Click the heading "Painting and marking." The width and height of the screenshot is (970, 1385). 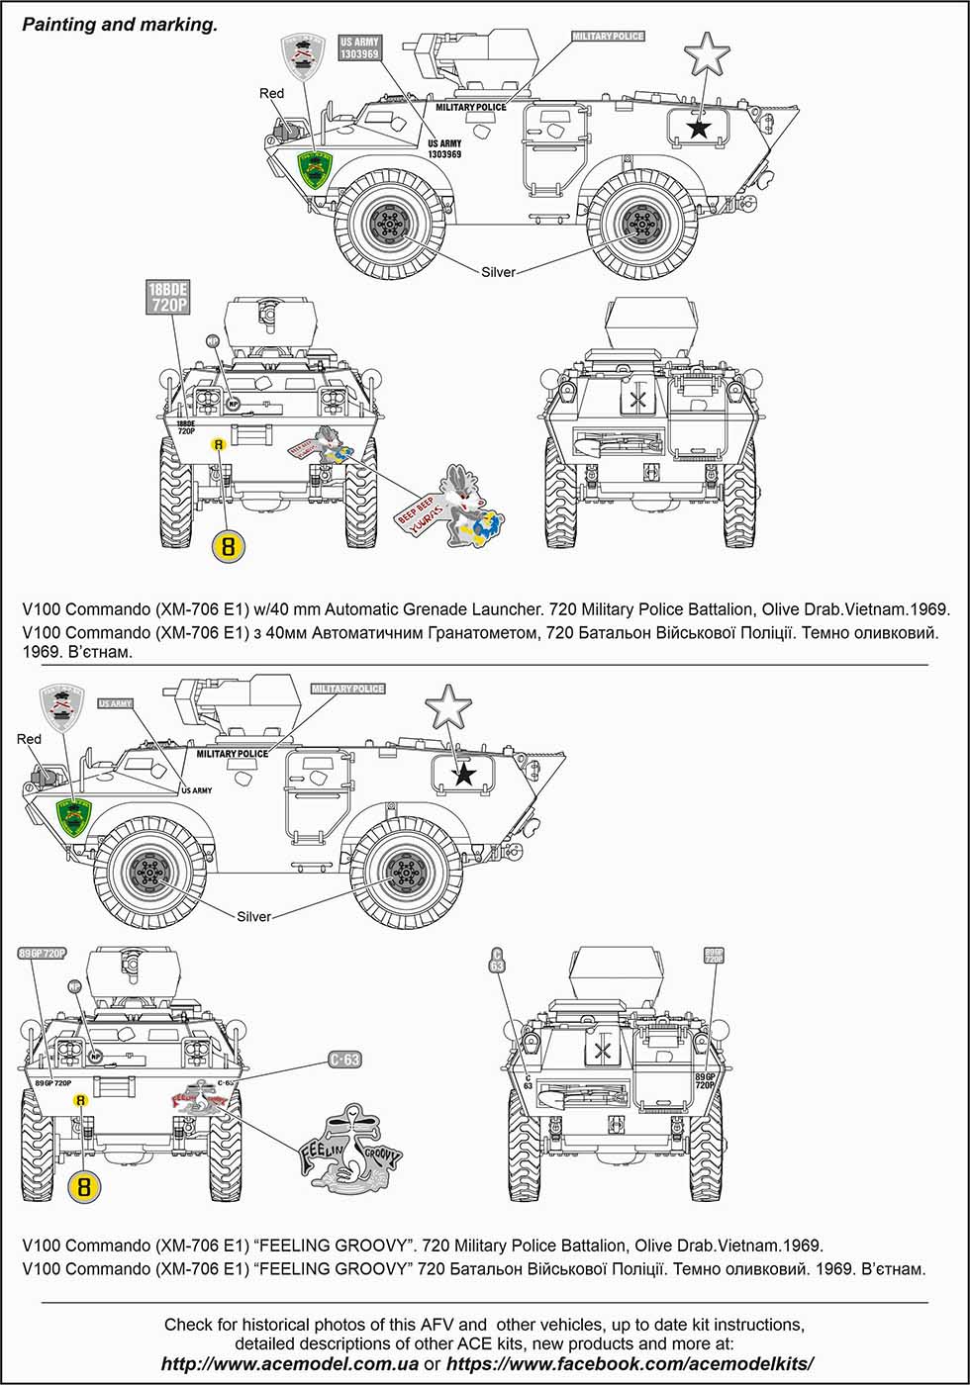coord(120,25)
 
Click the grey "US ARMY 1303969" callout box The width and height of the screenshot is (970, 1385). coord(359,48)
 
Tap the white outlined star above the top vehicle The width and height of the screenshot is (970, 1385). coord(707,53)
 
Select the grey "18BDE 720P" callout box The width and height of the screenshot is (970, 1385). coord(167,297)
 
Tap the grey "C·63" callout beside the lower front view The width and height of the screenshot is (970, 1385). coord(344,1060)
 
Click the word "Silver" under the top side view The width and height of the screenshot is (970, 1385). coord(498,272)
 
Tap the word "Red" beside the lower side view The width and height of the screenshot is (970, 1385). coord(29,739)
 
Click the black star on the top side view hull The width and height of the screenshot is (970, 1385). coord(699,127)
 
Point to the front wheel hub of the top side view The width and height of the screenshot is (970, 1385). coord(391,227)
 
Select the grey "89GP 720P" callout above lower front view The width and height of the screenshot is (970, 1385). coord(42,953)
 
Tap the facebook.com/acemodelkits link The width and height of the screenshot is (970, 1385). coord(630,1364)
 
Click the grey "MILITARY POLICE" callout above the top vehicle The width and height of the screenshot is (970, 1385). coord(608,37)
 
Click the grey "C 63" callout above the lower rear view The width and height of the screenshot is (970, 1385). coord(497,960)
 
